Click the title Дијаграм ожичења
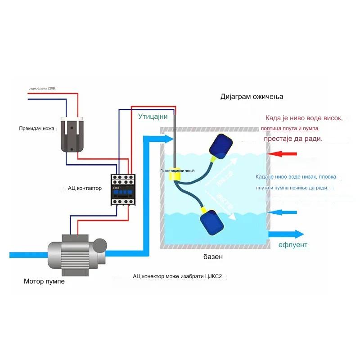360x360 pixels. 252,97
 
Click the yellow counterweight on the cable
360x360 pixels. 174,176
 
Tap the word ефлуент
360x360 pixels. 293,245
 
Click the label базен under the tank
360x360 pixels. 212,257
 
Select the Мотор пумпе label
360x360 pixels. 44,282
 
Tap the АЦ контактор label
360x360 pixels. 85,188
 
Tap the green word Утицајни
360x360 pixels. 153,117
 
